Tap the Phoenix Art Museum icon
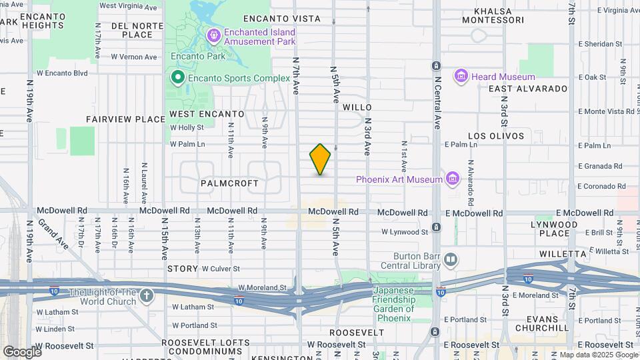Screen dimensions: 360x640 (x=453, y=179)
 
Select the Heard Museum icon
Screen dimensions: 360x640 (x=460, y=77)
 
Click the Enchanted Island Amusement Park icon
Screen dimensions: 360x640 (x=214, y=35)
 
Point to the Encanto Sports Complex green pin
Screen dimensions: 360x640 (x=177, y=78)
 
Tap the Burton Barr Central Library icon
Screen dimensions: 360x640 (x=451, y=259)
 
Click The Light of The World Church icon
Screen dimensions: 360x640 (x=147, y=294)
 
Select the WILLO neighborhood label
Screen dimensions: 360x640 (x=357, y=107)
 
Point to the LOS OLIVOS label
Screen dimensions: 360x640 (x=495, y=136)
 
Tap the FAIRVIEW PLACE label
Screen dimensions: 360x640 (x=125, y=119)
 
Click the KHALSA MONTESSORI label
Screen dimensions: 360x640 (x=507, y=15)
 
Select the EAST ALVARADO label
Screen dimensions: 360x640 (x=528, y=89)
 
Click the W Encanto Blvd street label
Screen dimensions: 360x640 (x=62, y=73)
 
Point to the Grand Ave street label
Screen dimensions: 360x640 (x=51, y=232)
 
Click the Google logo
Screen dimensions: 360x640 (x=21, y=351)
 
